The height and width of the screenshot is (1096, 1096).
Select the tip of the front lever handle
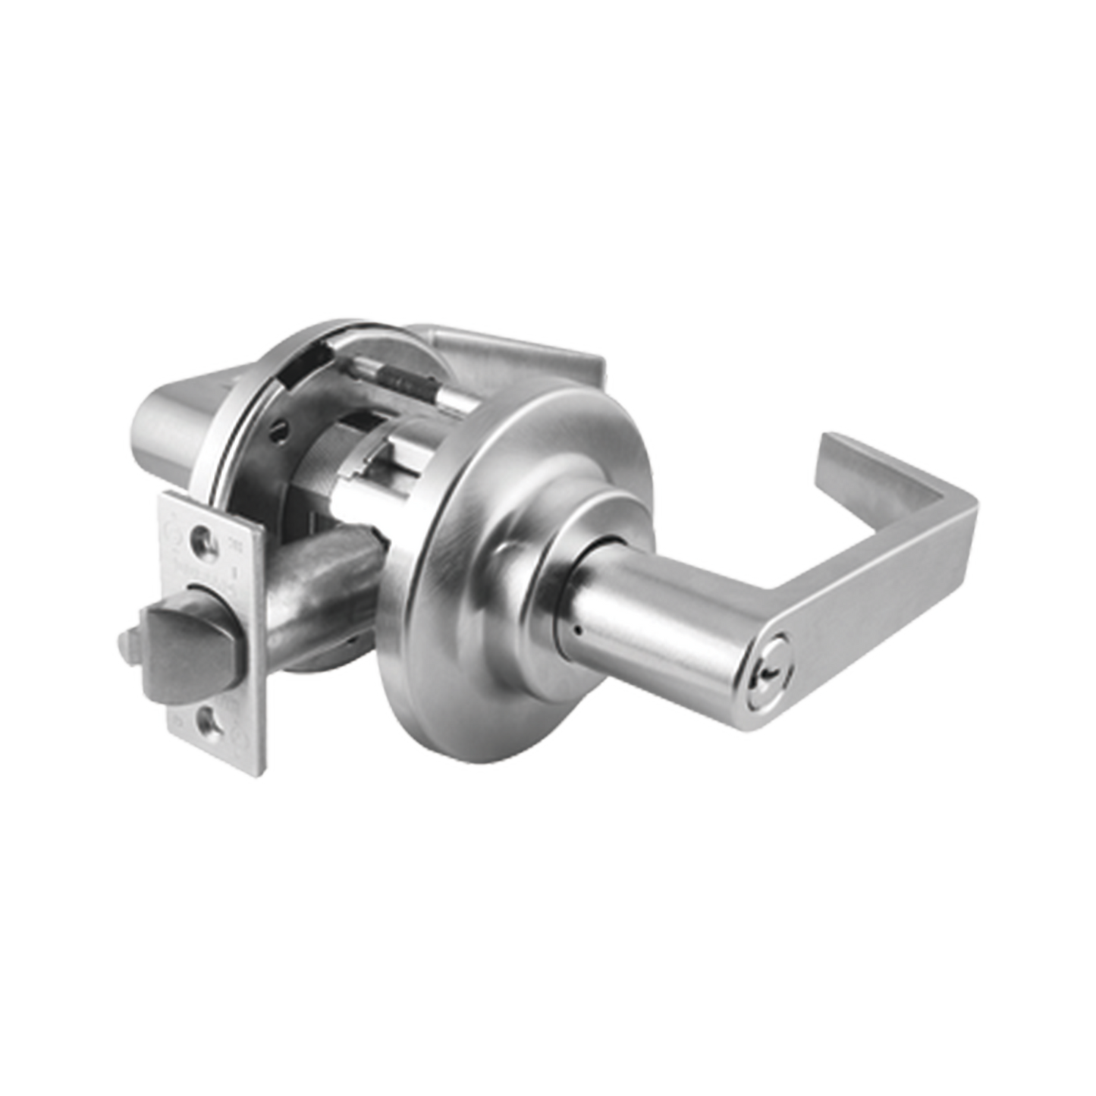(833, 448)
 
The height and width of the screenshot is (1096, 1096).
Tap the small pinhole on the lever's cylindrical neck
(578, 631)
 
